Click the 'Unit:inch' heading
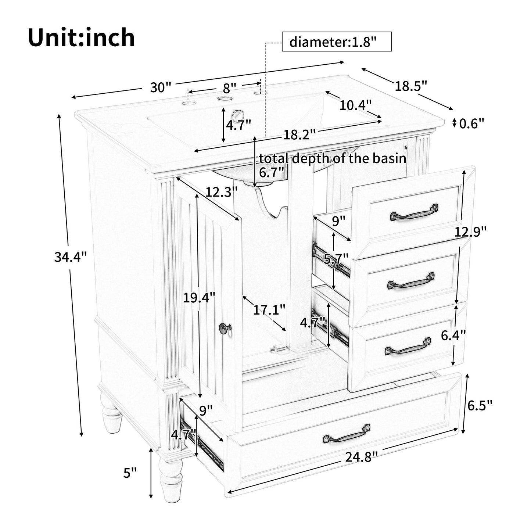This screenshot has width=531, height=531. (x=81, y=38)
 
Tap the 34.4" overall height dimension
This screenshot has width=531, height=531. (x=70, y=256)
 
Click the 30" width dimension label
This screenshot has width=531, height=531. (x=161, y=87)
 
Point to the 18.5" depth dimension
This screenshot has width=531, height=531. (x=411, y=86)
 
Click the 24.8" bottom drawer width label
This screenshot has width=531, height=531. (x=361, y=457)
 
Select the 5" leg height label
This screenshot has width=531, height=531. (x=130, y=473)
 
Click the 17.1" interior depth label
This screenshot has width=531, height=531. (x=269, y=310)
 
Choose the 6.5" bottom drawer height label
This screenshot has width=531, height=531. (x=480, y=405)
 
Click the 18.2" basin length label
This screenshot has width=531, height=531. (x=299, y=135)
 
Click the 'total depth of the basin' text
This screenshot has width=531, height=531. (x=333, y=158)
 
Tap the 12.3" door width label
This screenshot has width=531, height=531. (x=222, y=191)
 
